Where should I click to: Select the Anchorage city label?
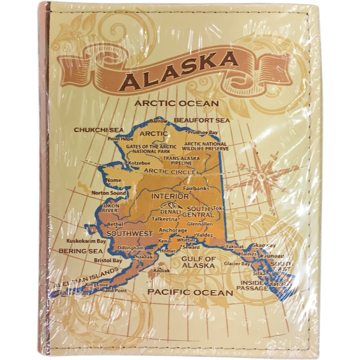click(x=173, y=230)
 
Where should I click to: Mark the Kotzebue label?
click(x=140, y=163)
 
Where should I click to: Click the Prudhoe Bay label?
click(x=203, y=132)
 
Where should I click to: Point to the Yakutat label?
click(x=234, y=245)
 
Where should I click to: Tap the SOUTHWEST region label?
click(x=130, y=234)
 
